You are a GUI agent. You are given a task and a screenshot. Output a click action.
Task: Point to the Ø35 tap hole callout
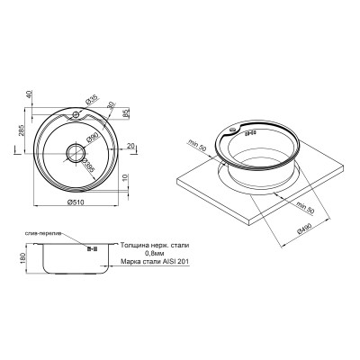(92, 102)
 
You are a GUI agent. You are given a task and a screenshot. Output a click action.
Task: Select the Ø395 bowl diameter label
(89, 167)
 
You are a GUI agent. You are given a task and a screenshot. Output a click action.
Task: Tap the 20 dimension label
(131, 146)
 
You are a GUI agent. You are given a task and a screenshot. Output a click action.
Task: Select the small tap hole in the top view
(76, 116)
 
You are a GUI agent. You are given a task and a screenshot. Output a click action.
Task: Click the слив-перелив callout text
(41, 234)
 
